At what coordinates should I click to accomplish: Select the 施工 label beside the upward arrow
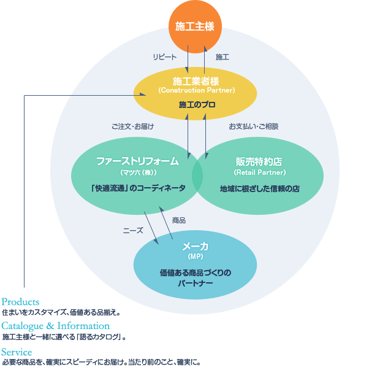click(x=223, y=57)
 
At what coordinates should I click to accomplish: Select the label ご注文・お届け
click(x=132, y=126)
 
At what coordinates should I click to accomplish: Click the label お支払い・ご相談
click(x=254, y=126)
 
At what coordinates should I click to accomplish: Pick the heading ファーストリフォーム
click(x=137, y=161)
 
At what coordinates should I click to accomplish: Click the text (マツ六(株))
click(x=137, y=172)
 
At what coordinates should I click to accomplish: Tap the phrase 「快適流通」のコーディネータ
click(x=137, y=188)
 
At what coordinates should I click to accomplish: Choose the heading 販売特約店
click(x=259, y=161)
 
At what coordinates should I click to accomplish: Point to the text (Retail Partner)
click(x=259, y=172)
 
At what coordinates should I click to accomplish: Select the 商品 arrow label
click(x=179, y=220)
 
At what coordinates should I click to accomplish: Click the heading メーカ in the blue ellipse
click(x=195, y=246)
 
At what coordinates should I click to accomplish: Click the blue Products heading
click(x=20, y=302)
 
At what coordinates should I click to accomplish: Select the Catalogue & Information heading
click(x=56, y=326)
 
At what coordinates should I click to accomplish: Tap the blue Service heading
click(x=17, y=352)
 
